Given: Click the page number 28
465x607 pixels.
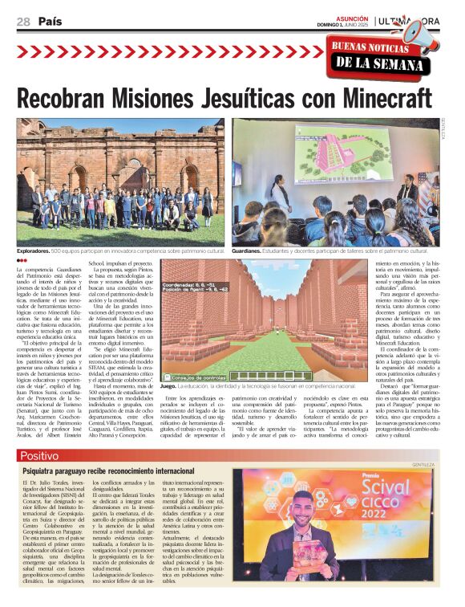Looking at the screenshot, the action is click(x=23, y=22).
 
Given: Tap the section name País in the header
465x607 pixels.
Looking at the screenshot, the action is click(x=51, y=22).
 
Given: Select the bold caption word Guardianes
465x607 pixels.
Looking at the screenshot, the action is click(x=249, y=251).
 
